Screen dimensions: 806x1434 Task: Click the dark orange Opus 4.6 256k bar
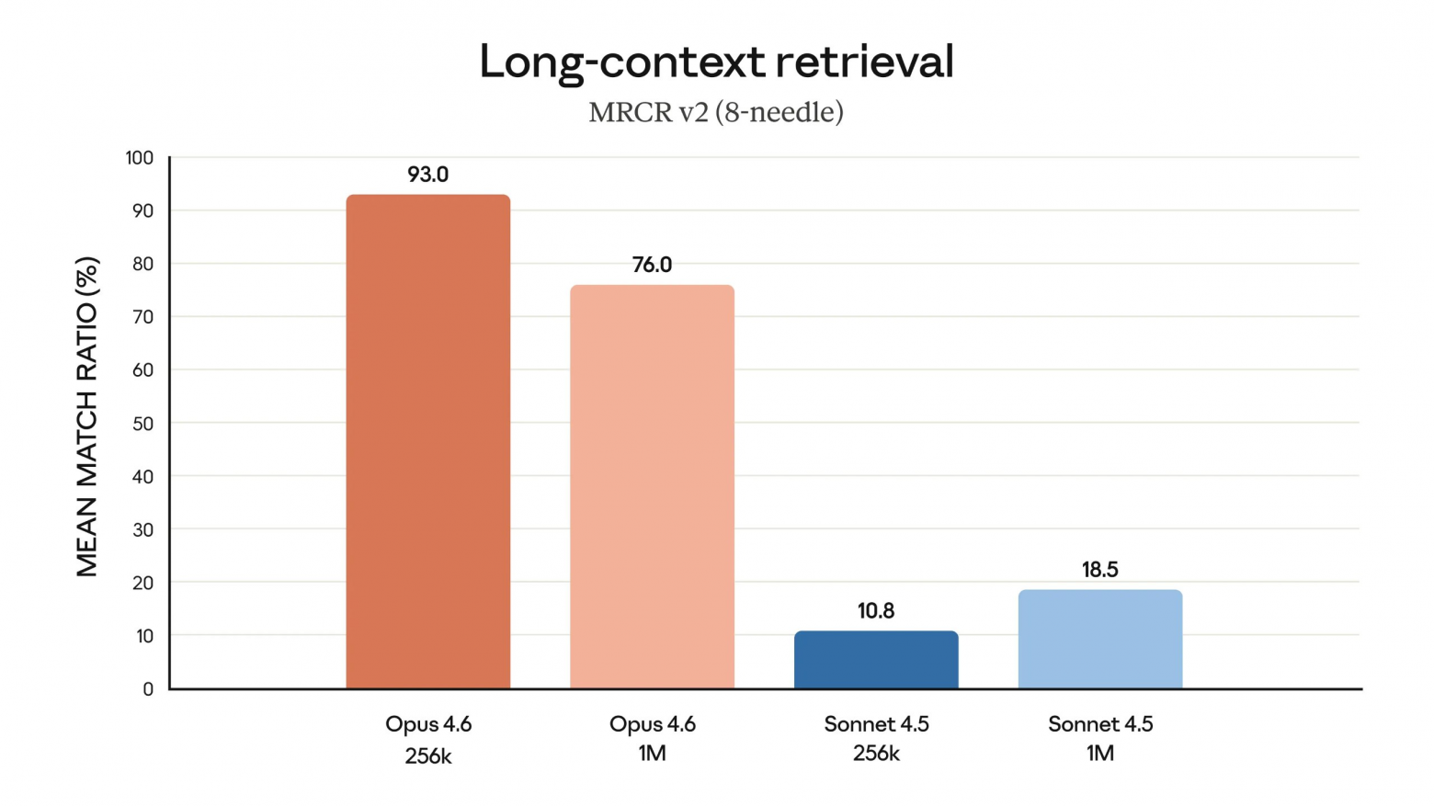(427, 441)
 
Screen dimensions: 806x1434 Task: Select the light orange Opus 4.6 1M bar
(652, 487)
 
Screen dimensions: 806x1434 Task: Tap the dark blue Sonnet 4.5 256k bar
(876, 660)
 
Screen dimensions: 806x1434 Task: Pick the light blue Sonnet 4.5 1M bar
(1099, 640)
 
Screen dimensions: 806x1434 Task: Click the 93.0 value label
(427, 175)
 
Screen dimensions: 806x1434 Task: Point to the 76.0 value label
(652, 265)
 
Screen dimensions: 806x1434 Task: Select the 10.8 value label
(876, 611)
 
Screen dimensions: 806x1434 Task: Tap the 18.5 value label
(1099, 570)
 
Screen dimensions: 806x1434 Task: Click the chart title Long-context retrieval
(716, 62)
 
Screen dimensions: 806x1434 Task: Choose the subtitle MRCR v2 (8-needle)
(716, 112)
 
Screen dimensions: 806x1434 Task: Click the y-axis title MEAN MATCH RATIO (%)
(86, 416)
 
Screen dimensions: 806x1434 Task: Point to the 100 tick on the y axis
(140, 158)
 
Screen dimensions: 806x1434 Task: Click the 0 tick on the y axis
(148, 689)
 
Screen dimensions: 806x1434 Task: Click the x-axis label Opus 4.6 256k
(428, 739)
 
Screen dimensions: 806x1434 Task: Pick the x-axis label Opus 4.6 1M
(652, 738)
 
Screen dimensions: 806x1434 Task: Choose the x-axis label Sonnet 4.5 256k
(876, 738)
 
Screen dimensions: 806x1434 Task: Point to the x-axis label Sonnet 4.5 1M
(1100, 738)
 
